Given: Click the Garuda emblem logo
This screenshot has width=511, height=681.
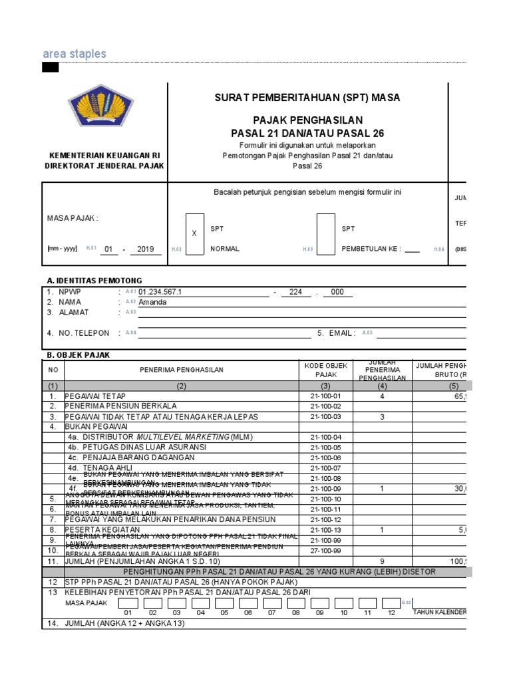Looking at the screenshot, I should tap(101, 110).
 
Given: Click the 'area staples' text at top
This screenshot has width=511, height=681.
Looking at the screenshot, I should tap(74, 54).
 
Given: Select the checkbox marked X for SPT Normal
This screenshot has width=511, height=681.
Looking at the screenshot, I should tap(194, 234).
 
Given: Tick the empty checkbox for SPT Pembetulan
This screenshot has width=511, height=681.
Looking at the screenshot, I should tap(325, 234).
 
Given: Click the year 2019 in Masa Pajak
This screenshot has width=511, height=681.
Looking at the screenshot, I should tap(146, 249).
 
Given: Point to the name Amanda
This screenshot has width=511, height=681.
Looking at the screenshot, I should tap(152, 302).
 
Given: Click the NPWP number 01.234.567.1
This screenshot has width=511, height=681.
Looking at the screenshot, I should tap(160, 292).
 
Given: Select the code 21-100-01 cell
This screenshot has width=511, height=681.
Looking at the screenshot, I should tap(325, 396).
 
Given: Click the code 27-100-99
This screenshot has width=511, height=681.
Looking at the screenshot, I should tap(325, 551).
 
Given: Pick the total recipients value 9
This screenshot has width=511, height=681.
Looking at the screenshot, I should tap(382, 561).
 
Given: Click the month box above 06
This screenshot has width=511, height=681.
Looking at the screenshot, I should tap(248, 603).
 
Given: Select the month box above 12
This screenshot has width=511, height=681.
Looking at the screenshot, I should tap(391, 603).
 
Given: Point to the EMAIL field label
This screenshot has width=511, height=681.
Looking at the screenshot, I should tap(342, 333).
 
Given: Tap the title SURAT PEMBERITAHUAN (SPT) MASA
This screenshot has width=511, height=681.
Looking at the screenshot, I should tap(307, 98).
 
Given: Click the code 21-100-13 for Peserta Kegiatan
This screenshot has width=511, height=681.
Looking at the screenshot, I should tap(325, 530).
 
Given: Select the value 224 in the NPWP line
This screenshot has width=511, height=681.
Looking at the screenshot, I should tap(296, 292).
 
